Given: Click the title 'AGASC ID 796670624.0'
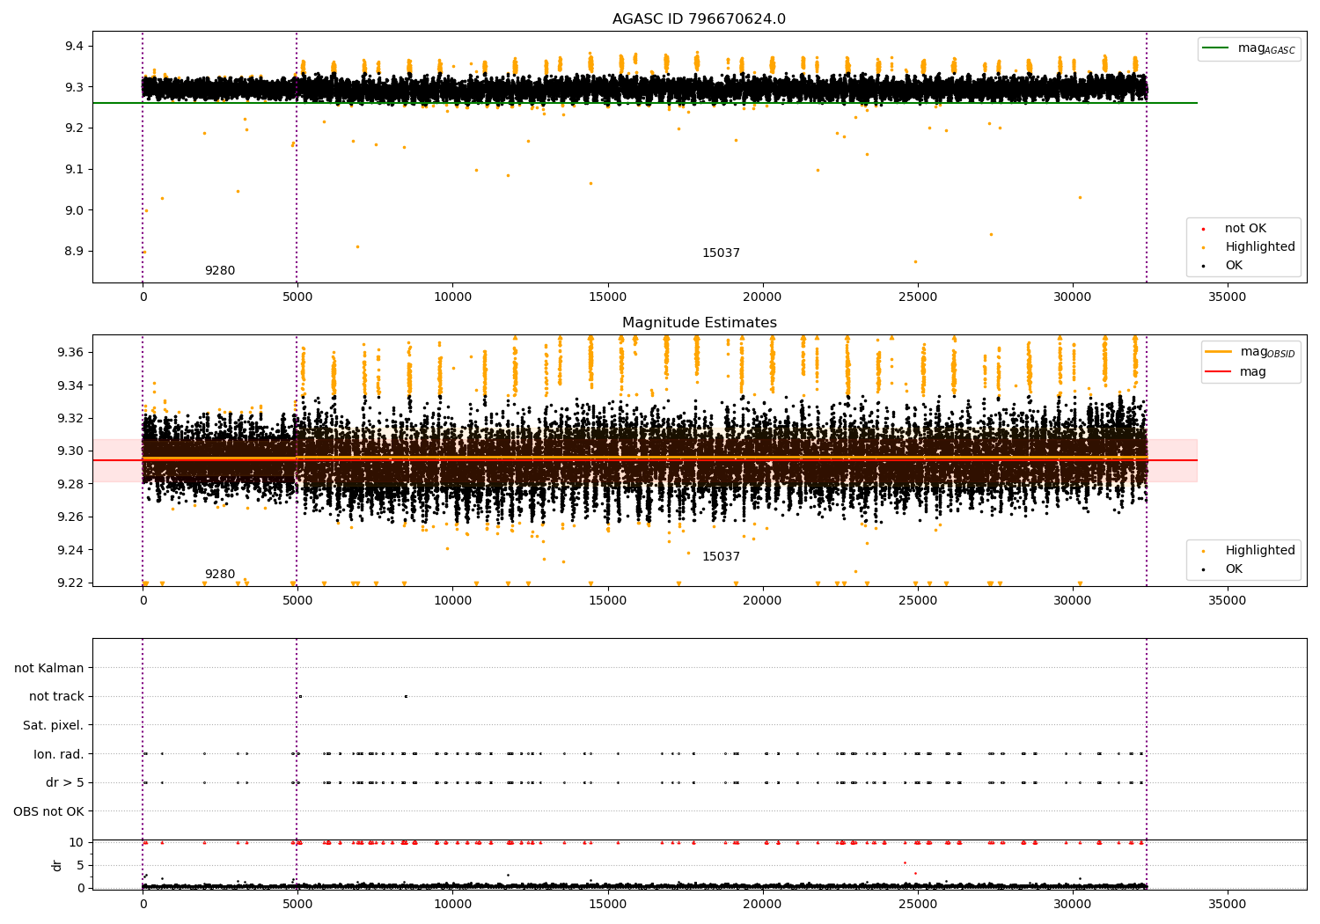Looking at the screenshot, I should point(699,19).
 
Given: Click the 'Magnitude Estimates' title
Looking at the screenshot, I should point(699,323).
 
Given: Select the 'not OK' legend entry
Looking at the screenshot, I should point(1245,229).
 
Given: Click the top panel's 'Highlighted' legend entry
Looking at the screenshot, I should point(1259,247).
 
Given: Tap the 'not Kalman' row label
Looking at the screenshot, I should point(49,668).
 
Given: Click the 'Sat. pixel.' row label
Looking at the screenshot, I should point(53,725).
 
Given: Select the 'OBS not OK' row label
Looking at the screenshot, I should point(48,811).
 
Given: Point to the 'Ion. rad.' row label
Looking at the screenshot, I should point(58,754).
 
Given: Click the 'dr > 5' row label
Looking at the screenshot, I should point(64,782).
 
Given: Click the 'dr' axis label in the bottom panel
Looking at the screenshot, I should point(57,865).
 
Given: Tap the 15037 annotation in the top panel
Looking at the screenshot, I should point(721,253).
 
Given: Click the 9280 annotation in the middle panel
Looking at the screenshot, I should point(220,575).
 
